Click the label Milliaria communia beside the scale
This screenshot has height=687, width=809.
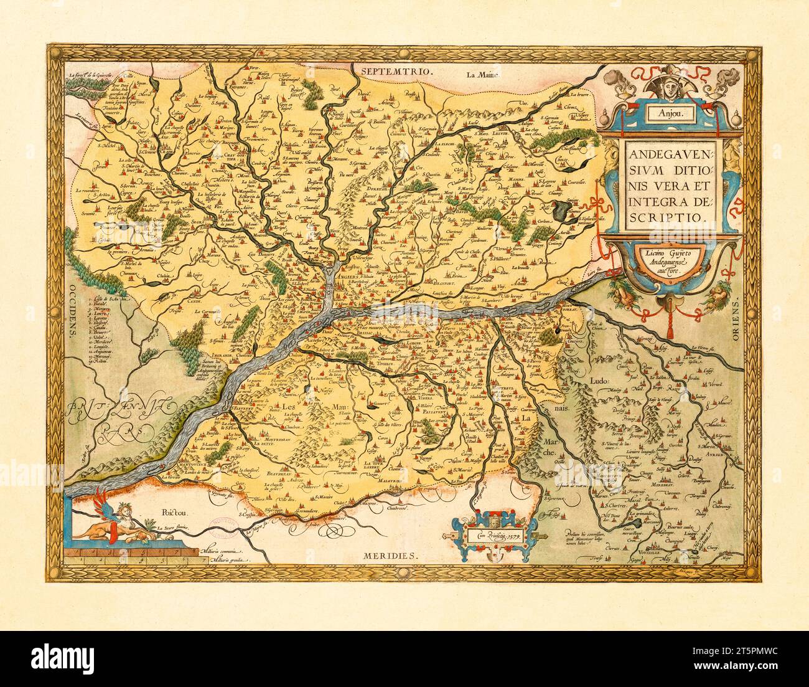coord(222,552)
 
